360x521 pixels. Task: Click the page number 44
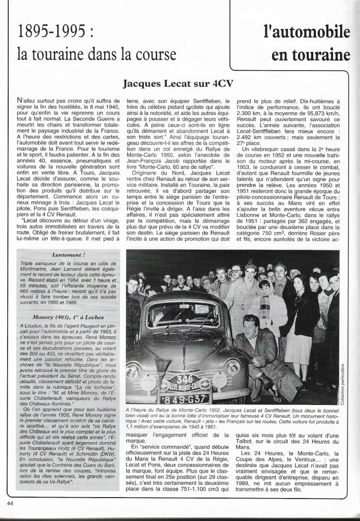(10, 503)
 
